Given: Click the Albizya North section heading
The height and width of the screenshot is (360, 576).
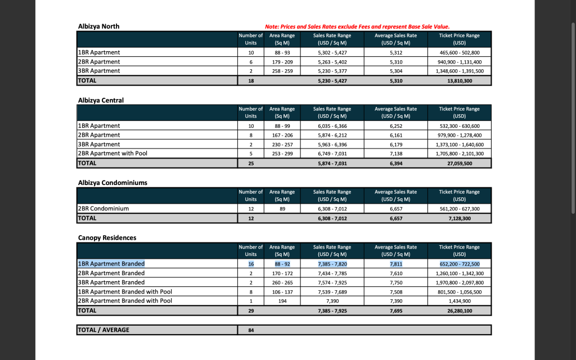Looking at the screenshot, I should [x=98, y=26].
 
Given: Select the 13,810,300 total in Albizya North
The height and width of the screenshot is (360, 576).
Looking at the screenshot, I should [x=459, y=80].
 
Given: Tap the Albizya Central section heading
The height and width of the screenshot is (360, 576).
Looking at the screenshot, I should [x=101, y=100].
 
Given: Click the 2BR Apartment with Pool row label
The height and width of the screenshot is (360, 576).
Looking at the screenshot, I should [x=112, y=154].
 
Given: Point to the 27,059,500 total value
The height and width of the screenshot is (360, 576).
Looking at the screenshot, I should [x=459, y=163].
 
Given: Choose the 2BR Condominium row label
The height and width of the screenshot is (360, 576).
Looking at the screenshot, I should [x=103, y=209].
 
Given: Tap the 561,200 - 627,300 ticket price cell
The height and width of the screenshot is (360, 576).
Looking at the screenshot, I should [x=459, y=209].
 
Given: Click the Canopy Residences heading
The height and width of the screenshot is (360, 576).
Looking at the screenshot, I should [x=107, y=238].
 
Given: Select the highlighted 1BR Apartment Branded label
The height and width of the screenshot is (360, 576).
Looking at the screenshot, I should [x=111, y=264].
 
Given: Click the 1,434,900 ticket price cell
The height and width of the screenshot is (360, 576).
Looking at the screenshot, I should [x=459, y=301].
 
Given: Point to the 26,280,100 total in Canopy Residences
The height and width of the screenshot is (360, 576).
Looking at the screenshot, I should [x=459, y=310].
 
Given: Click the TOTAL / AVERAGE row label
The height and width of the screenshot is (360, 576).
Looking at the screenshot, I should [x=103, y=330].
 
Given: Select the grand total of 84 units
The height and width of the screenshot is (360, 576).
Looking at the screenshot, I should [x=251, y=330].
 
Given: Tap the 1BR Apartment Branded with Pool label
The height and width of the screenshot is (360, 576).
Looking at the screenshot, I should [x=125, y=292].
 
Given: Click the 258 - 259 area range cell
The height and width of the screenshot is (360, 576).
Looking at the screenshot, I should [x=282, y=71].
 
